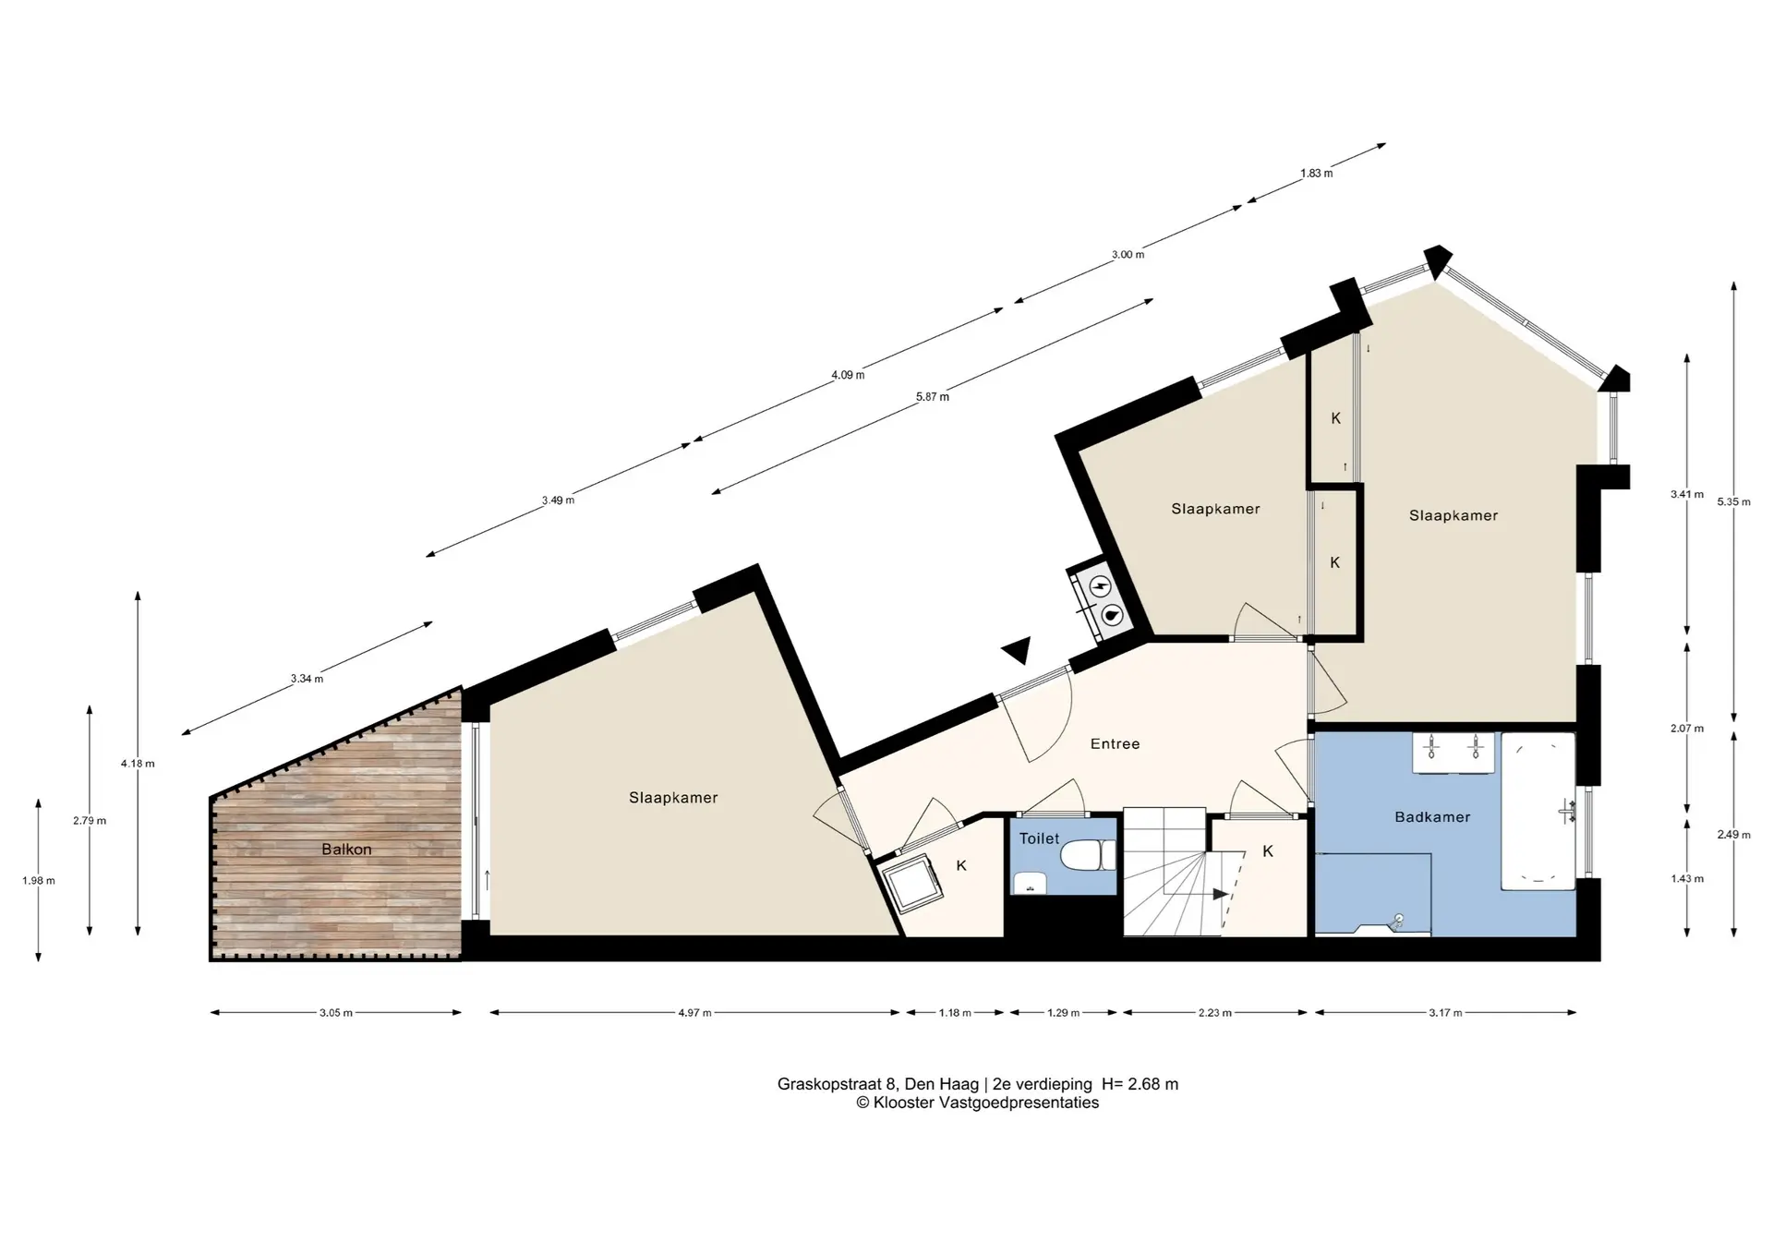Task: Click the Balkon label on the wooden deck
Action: (346, 850)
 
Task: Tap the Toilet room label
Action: (1039, 838)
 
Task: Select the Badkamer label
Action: (1432, 817)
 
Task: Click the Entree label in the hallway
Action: (1115, 743)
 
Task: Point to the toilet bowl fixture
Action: (1089, 856)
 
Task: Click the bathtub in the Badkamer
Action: (1538, 811)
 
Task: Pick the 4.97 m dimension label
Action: (694, 1013)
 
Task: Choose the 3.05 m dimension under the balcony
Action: (336, 1013)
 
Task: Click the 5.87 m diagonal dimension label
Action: (933, 397)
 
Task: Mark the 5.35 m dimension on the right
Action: (1733, 501)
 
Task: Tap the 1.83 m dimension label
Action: (1316, 174)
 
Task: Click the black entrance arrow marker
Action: (1018, 650)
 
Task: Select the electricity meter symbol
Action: (1100, 586)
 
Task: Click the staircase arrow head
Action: (1221, 894)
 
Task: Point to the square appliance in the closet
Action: (908, 885)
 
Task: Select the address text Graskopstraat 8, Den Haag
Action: (878, 1084)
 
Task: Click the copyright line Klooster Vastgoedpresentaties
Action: (978, 1103)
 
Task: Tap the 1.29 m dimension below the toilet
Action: (1064, 1013)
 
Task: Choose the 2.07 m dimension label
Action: (1687, 729)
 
